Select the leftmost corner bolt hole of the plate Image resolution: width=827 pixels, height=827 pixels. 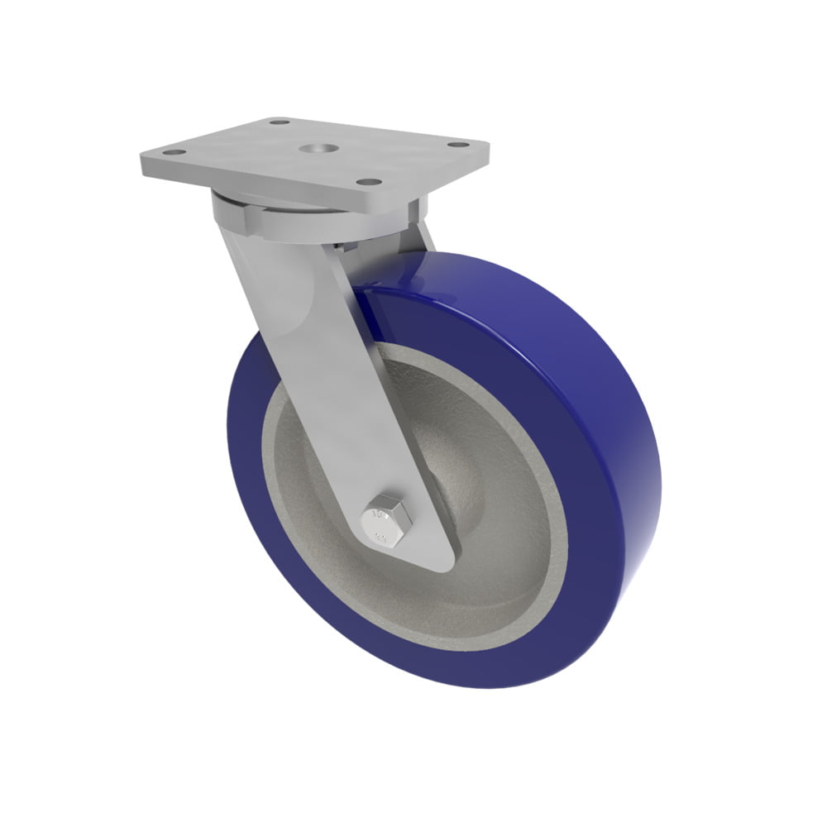point(173,153)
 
